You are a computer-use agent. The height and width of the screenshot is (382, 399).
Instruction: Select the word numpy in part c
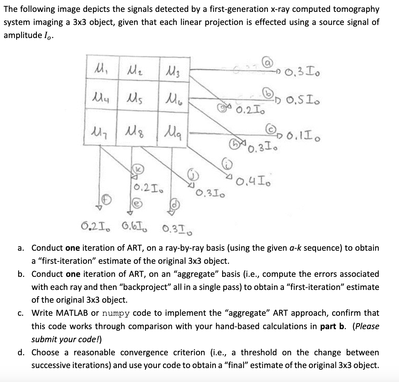[x=116, y=313]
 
